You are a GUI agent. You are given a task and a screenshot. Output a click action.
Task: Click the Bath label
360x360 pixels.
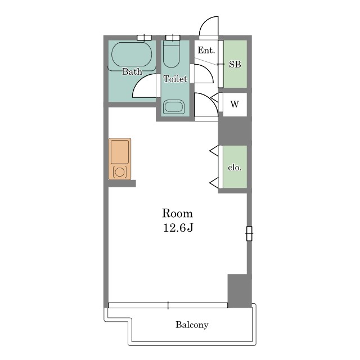point(132,71)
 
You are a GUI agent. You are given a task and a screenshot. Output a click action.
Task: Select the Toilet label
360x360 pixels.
point(175,79)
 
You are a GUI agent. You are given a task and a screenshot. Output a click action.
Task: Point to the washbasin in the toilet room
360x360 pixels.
point(174,107)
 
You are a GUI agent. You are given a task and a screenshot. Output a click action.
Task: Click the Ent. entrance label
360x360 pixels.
point(206,50)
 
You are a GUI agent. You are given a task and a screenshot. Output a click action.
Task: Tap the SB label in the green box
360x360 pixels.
point(235,65)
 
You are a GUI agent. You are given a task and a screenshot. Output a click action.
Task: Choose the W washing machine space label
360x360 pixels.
point(235,104)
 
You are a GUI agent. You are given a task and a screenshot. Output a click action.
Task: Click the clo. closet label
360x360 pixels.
point(235,168)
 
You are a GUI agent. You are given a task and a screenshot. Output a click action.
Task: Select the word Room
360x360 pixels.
point(178,213)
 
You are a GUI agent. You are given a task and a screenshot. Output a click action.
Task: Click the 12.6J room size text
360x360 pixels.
point(178,228)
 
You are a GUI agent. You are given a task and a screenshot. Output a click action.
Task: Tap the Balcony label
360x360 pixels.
point(192,325)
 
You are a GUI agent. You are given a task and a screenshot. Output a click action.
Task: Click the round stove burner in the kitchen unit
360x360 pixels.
point(119,172)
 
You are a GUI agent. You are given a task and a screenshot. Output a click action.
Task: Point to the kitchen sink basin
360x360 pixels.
point(120,152)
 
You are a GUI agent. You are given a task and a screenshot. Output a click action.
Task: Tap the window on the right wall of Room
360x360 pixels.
point(249,234)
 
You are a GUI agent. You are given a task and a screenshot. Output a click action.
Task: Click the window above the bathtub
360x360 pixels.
point(144,38)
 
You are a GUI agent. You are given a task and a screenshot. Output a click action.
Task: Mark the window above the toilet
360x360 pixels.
point(173,38)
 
